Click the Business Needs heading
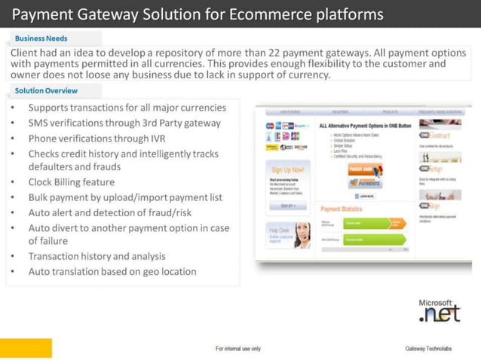coord(41,38)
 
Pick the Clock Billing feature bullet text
coord(72,182)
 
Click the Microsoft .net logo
coord(440,310)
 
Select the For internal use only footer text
coord(237,349)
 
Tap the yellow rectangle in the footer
coord(26,348)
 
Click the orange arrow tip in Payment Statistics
coord(397,224)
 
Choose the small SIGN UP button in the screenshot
coord(287,205)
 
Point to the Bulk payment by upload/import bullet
coord(125,197)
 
